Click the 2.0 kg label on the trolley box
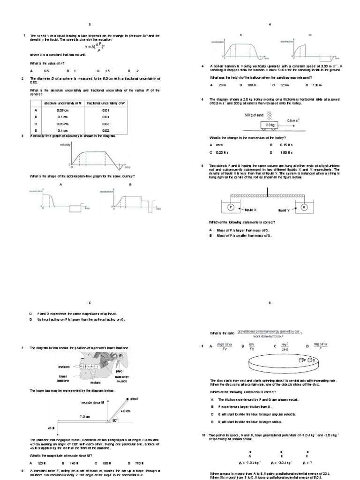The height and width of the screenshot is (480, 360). (x=270, y=126)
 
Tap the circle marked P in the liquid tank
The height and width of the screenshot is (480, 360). (x=230, y=206)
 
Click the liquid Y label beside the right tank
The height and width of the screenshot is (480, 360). (x=285, y=210)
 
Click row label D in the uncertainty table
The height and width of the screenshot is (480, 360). (x=36, y=130)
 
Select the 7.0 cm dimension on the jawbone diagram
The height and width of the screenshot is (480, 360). (x=84, y=416)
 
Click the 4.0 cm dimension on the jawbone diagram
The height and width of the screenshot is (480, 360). (x=123, y=411)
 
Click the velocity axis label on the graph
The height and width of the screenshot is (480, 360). (x=65, y=145)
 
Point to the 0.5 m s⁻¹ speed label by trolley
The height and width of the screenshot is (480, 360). (x=292, y=120)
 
